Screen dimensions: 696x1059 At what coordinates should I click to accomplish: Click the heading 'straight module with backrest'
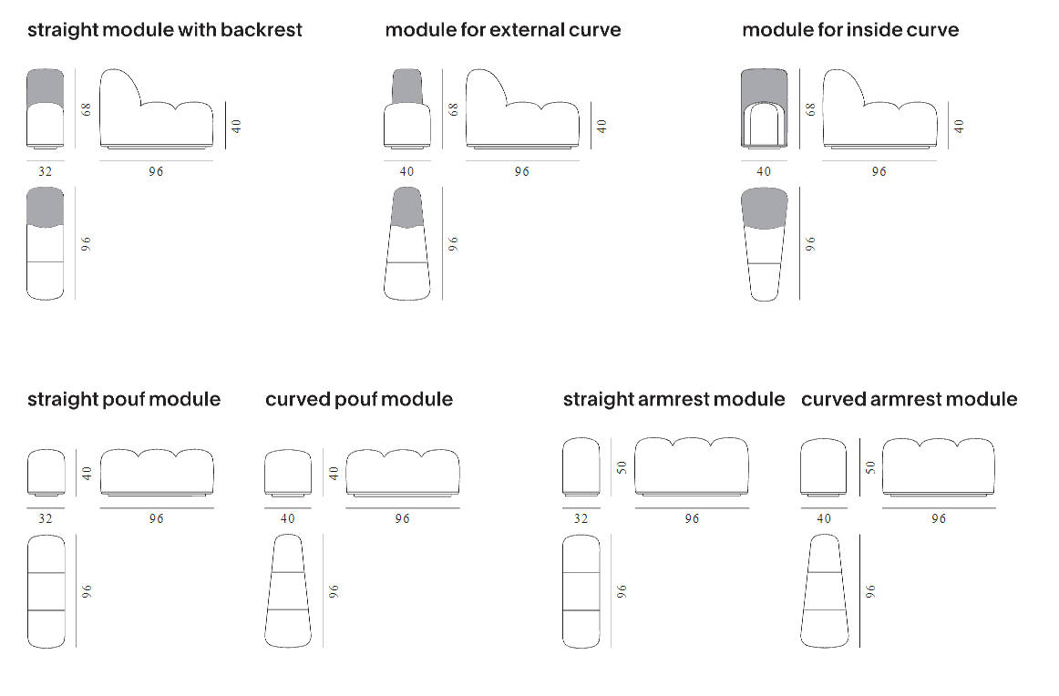coord(164,30)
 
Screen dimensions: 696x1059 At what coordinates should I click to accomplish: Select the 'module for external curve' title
coord(503,30)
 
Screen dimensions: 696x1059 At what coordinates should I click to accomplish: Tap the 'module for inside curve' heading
coord(850,30)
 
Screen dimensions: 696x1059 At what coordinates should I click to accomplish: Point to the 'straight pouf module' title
coord(124,399)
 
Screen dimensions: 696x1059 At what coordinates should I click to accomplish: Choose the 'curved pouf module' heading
coord(359,399)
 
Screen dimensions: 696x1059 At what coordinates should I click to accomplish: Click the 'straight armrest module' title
coord(673,399)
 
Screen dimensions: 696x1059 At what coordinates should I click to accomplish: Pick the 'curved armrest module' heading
coord(910,399)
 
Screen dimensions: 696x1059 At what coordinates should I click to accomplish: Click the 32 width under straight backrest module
coord(46,171)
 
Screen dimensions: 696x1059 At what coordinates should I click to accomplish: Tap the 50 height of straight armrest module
coord(622,466)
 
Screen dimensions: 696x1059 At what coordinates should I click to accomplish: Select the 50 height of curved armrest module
coord(869,466)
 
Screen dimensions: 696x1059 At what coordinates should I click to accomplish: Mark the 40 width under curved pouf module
coord(288,518)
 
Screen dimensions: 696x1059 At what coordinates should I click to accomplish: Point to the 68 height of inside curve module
coord(810,108)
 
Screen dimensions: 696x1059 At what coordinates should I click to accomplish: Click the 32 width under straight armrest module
coord(581,518)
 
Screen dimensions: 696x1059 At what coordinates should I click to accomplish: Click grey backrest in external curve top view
coord(406,207)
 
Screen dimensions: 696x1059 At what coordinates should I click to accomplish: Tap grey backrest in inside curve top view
coord(764,207)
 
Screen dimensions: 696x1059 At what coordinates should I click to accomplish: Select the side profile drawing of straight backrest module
coord(156,109)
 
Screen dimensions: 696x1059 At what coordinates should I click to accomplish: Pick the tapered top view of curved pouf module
coord(288,591)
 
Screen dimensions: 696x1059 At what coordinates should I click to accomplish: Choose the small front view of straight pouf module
coord(46,471)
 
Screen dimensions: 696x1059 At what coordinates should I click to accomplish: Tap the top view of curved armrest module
coord(824,591)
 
